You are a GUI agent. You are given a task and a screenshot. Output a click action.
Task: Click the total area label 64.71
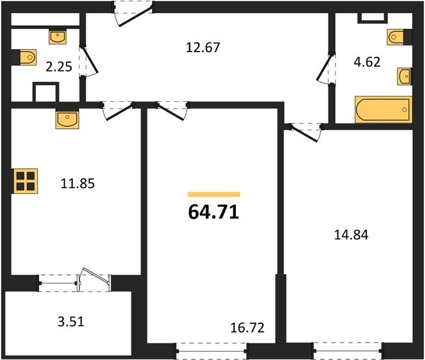coord(214,212)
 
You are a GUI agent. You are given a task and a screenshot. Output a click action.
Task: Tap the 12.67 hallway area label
coord(203,47)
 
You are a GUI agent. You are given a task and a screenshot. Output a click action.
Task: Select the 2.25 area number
coord(59,67)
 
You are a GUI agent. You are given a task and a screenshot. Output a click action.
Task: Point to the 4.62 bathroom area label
coord(367,62)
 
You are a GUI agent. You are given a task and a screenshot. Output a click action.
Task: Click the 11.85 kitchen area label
coord(77,184)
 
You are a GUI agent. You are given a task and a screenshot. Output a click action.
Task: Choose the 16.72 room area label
coord(247,328)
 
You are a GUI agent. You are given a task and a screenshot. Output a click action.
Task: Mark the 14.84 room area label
coord(351,235)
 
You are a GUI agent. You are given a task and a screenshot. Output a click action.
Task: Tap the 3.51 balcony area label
coord(71,322)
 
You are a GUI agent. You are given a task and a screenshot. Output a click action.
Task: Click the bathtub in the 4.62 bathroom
coord(384,109)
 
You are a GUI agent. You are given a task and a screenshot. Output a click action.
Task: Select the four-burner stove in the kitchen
coord(25,181)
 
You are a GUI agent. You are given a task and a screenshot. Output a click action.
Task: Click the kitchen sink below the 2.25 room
coord(67,119)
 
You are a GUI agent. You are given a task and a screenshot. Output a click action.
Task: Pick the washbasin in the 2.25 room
coord(58,37)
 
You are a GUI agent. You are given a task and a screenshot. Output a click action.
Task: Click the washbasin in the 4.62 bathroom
coord(405,77)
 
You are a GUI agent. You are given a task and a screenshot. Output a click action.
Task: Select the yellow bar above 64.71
coord(214,194)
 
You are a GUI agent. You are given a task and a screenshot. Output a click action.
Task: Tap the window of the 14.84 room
coord(348,351)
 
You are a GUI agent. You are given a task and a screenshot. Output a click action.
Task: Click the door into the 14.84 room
coord(306,132)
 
